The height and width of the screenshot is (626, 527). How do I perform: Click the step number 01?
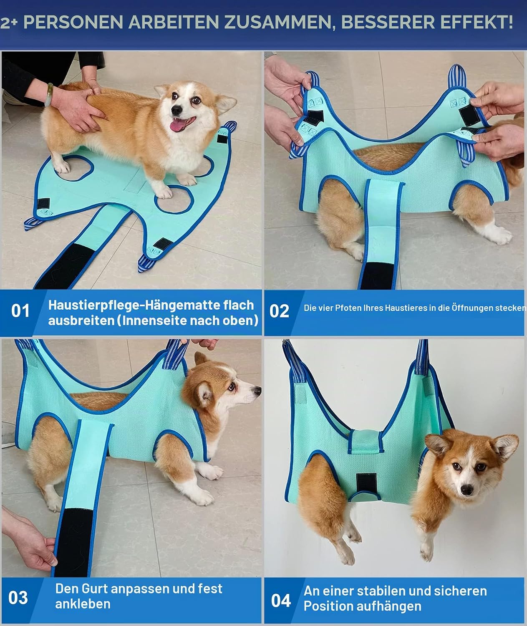[x=20, y=310]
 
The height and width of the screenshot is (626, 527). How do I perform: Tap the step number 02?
[x=279, y=311]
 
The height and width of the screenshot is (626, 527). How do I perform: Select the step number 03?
[x=18, y=598]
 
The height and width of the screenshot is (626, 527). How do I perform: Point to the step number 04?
[x=281, y=601]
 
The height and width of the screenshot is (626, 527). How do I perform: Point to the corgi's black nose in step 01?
[x=177, y=110]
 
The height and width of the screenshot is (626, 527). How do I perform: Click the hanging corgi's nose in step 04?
[x=467, y=490]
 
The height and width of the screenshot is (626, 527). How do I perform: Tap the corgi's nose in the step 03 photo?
[x=257, y=391]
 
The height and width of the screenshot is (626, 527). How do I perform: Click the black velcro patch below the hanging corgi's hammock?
[x=366, y=483]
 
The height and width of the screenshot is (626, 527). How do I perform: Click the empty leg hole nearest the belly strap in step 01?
[x=174, y=199]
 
